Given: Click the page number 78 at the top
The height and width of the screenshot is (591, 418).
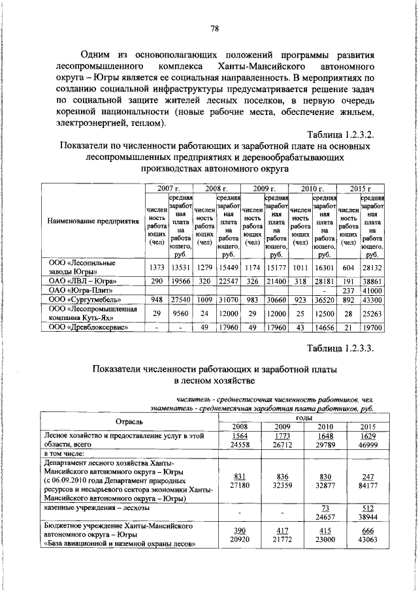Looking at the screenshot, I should point(214,27).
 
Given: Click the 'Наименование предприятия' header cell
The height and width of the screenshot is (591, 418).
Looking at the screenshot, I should point(94,221).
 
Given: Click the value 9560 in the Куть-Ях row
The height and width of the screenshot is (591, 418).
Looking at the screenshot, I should point(180,313).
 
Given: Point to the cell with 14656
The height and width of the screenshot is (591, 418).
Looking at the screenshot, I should point(325,327).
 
